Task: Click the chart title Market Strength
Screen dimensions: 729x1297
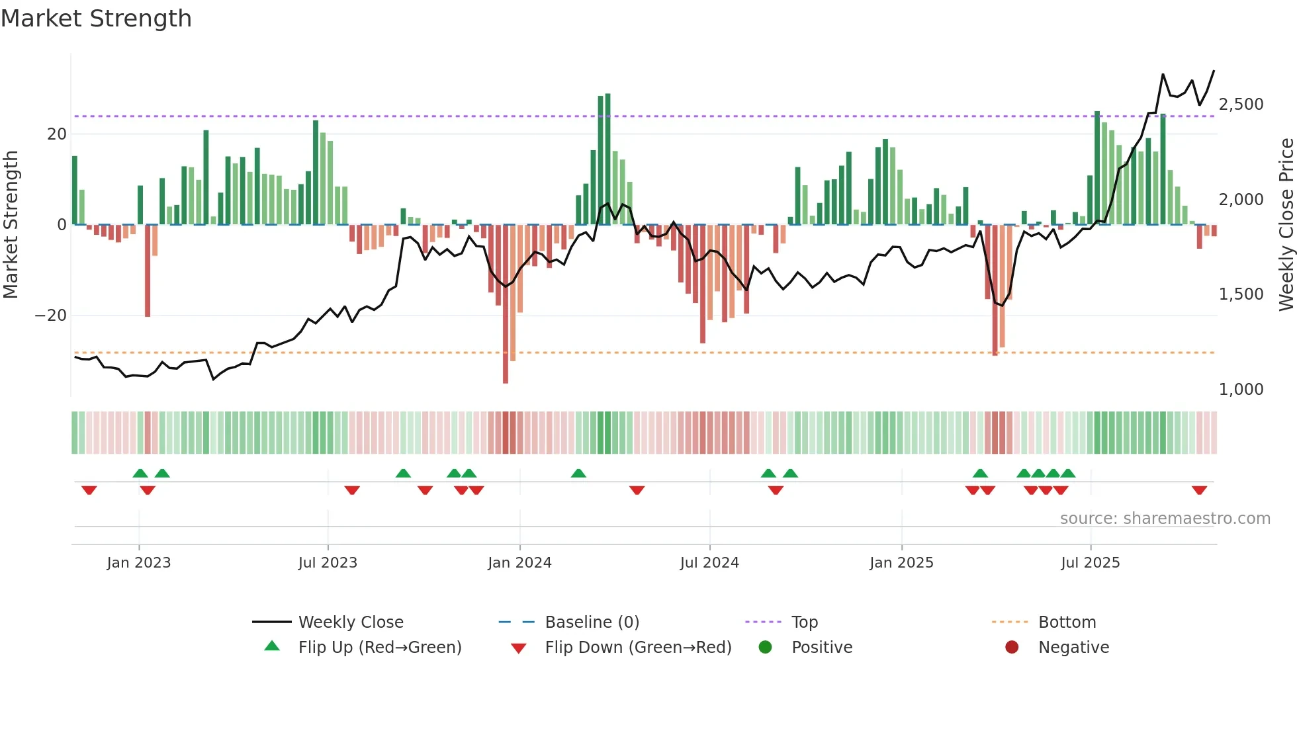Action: point(97,19)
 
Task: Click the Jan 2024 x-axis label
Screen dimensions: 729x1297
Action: point(519,563)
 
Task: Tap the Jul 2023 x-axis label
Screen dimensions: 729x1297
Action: point(328,563)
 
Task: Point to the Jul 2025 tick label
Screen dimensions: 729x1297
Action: point(1090,563)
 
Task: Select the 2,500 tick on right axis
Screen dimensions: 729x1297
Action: point(1241,105)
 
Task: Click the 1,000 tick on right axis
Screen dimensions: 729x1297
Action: point(1241,390)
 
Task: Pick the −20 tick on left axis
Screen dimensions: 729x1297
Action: point(51,316)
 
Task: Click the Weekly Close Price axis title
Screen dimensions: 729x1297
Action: point(1286,225)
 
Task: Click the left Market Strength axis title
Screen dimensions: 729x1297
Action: point(11,225)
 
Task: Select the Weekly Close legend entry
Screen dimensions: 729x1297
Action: point(350,622)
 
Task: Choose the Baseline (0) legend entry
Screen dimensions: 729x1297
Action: point(592,622)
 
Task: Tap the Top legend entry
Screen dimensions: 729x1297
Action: point(804,622)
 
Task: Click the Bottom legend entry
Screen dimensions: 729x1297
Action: point(1067,622)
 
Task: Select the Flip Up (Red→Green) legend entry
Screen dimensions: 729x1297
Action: point(379,648)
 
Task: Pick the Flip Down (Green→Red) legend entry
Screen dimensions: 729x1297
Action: point(637,648)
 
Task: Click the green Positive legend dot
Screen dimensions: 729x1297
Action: point(766,648)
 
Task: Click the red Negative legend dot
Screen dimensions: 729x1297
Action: point(1012,648)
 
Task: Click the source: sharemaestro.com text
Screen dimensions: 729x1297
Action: point(1165,519)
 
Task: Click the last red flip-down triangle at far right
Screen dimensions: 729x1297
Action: point(1199,490)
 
